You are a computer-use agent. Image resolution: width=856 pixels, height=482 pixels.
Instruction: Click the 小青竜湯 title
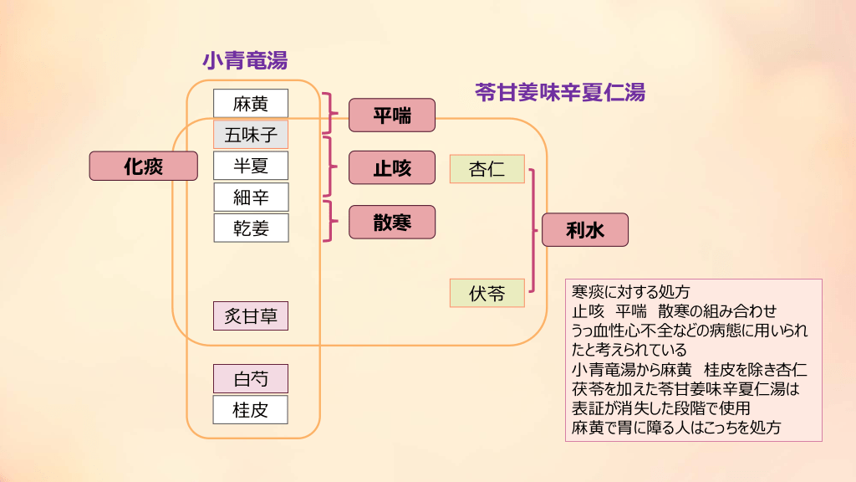tap(245, 60)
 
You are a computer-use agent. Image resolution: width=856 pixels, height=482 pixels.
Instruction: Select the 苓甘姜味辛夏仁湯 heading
tap(559, 92)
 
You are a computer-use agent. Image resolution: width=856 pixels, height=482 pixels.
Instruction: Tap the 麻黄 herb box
tap(251, 104)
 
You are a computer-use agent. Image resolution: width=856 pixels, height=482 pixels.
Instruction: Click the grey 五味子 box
tap(251, 135)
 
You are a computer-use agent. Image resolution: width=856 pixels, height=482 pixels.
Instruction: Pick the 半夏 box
tap(251, 166)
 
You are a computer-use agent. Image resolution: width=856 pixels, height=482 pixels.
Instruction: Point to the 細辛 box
tap(251, 197)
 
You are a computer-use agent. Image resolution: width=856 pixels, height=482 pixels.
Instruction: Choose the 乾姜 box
tap(251, 228)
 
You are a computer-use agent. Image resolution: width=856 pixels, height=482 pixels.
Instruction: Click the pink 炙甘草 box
tap(251, 315)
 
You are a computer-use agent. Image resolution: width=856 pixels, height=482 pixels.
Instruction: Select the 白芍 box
tap(251, 378)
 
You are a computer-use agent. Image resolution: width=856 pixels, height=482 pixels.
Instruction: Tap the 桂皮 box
tap(251, 409)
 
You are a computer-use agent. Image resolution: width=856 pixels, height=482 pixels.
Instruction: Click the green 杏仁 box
tap(487, 169)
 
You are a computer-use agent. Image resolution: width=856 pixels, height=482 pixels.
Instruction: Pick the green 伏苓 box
tap(487, 294)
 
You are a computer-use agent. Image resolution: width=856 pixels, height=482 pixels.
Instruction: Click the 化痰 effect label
tap(144, 166)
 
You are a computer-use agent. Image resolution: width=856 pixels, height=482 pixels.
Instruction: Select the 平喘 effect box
tap(392, 115)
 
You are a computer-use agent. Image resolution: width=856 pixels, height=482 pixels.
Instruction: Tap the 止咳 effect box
tap(392, 167)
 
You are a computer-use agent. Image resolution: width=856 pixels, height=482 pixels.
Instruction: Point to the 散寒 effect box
tap(392, 222)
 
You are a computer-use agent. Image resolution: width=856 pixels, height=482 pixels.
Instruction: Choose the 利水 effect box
tap(584, 230)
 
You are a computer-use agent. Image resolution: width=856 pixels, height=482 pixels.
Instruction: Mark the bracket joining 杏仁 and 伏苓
tap(533, 230)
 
